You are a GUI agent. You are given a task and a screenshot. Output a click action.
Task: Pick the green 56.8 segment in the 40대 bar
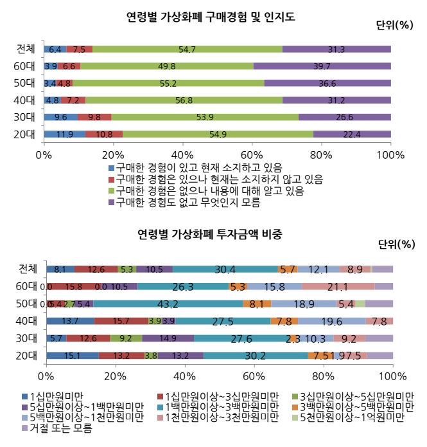[x=184, y=100]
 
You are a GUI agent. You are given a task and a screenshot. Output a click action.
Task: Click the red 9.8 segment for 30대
[x=94, y=117]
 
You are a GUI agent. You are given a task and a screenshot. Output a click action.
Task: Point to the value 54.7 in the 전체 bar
[x=187, y=49]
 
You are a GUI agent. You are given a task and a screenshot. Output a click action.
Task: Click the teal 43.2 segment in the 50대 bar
[x=168, y=303]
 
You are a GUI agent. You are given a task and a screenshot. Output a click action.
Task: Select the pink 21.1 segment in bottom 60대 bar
[x=338, y=286]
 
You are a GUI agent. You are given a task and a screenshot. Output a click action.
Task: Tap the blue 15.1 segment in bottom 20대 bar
[x=72, y=355]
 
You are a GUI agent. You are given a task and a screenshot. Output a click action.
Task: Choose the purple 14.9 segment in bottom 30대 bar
[x=168, y=338]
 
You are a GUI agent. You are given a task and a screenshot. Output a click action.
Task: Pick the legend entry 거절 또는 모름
[x=58, y=428]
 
